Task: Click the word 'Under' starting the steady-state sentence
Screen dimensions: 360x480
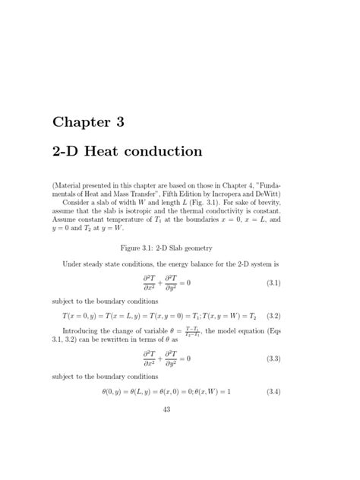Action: click(73, 264)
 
